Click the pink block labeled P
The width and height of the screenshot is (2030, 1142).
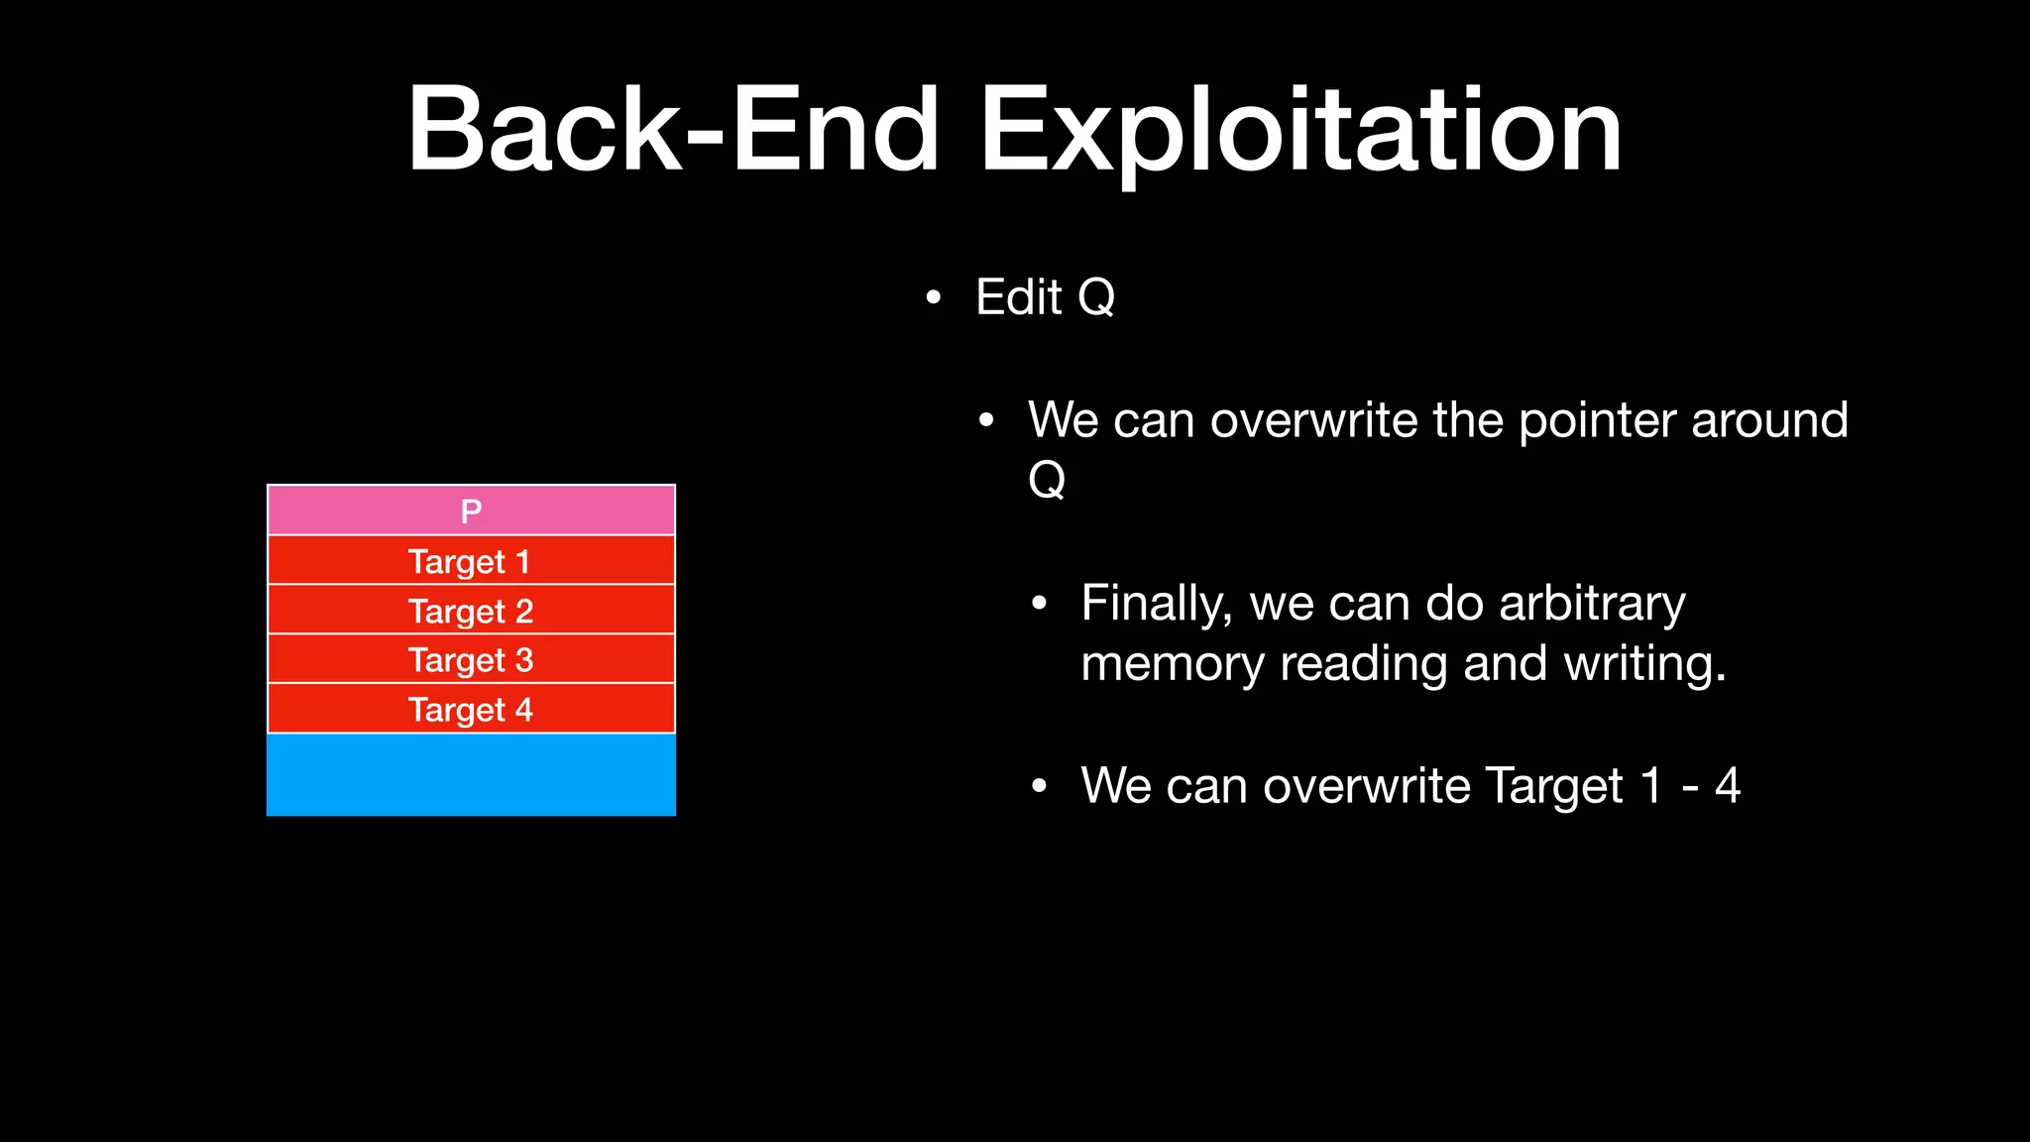(471, 511)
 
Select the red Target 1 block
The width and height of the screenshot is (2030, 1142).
(471, 561)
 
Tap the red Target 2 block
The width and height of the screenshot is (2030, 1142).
(471, 611)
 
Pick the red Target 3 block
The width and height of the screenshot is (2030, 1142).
(471, 659)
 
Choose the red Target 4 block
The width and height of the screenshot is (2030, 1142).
(471, 709)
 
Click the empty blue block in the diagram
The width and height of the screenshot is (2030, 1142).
(471, 774)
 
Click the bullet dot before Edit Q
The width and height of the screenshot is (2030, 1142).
(933, 297)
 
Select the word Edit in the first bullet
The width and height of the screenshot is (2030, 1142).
(1018, 296)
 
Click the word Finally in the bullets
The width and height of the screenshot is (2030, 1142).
(1156, 604)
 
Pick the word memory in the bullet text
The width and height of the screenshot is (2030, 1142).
(1172, 663)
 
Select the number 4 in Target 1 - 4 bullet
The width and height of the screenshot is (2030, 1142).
(1728, 785)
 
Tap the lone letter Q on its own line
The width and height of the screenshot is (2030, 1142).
(1047, 480)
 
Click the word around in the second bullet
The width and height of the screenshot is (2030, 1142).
(1769, 420)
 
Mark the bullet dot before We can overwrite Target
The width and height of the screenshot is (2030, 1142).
(1038, 786)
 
